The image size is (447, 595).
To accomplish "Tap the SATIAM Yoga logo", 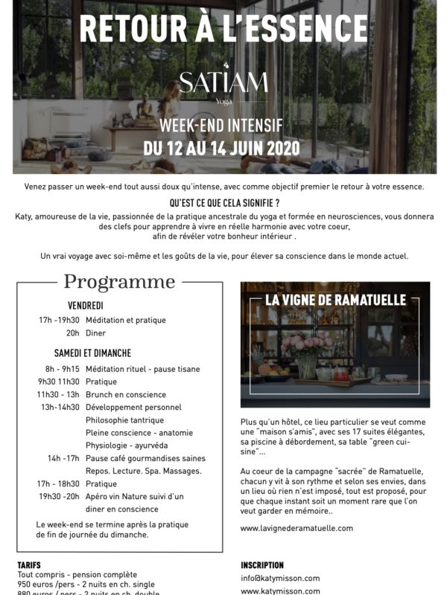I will click(x=223, y=83).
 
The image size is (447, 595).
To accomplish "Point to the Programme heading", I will click(x=119, y=282).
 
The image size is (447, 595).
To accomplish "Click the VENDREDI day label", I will click(x=85, y=306).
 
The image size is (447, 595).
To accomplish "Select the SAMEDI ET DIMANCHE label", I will click(x=92, y=353).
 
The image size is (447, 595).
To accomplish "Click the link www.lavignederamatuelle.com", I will click(x=297, y=528).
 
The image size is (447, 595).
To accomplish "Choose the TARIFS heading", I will click(x=30, y=565).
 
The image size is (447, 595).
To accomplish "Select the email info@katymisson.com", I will click(x=280, y=578).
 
